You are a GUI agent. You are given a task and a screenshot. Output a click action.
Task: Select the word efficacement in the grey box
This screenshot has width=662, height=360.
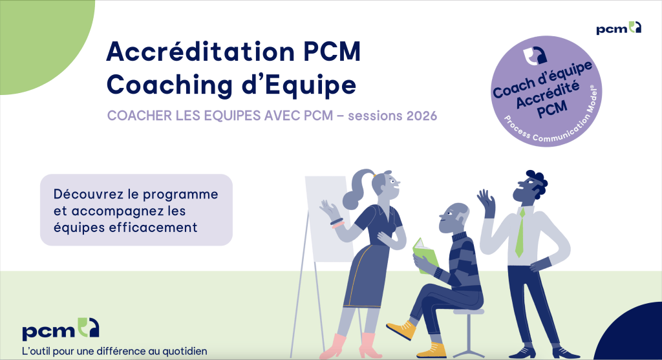point(164,228)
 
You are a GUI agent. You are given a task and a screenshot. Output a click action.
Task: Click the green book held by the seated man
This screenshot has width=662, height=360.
point(425,252)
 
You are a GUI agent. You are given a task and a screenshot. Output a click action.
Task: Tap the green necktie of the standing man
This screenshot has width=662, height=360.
point(520,233)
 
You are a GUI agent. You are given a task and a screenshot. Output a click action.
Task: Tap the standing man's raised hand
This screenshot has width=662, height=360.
point(486,200)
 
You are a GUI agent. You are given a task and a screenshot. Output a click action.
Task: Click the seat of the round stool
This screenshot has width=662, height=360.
point(469,312)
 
